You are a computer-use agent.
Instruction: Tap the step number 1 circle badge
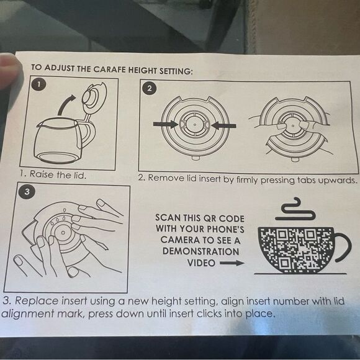39,84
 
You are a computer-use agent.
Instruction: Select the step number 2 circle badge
150,88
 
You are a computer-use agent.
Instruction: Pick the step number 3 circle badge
27,191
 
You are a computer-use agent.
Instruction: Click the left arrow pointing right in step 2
166,124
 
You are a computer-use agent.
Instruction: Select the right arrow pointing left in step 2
223,125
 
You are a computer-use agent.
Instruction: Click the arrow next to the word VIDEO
232,263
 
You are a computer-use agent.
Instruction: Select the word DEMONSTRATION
201,251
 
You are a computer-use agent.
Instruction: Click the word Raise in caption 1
42,174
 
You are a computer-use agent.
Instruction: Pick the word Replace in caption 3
36,301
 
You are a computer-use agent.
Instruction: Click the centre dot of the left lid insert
195,125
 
